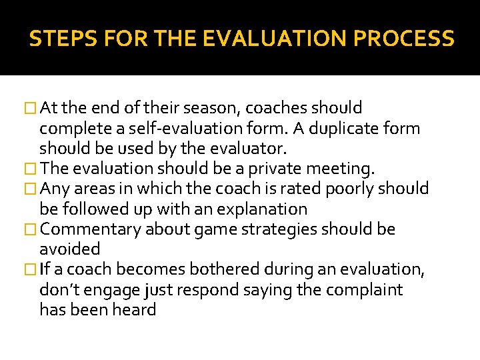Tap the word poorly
[349, 189]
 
